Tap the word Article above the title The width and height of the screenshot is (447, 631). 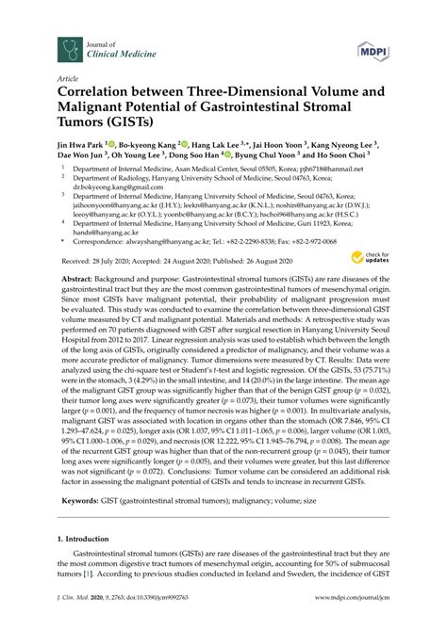click(x=67, y=80)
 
